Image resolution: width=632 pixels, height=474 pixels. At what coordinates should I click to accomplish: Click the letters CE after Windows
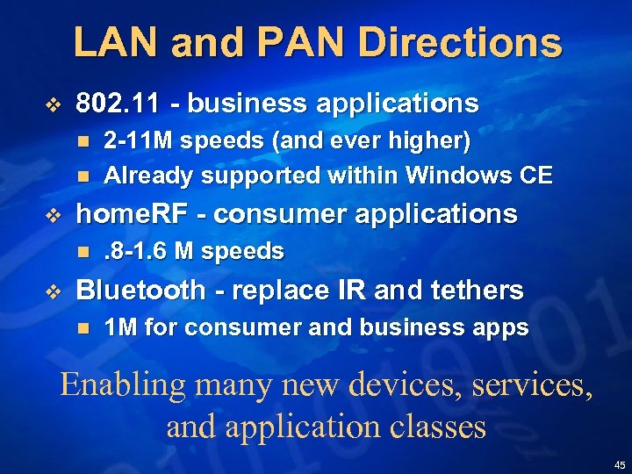click(x=535, y=176)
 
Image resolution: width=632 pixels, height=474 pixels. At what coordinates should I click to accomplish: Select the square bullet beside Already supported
click(x=83, y=176)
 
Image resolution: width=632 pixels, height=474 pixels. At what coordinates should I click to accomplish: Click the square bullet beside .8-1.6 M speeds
click(x=83, y=252)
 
